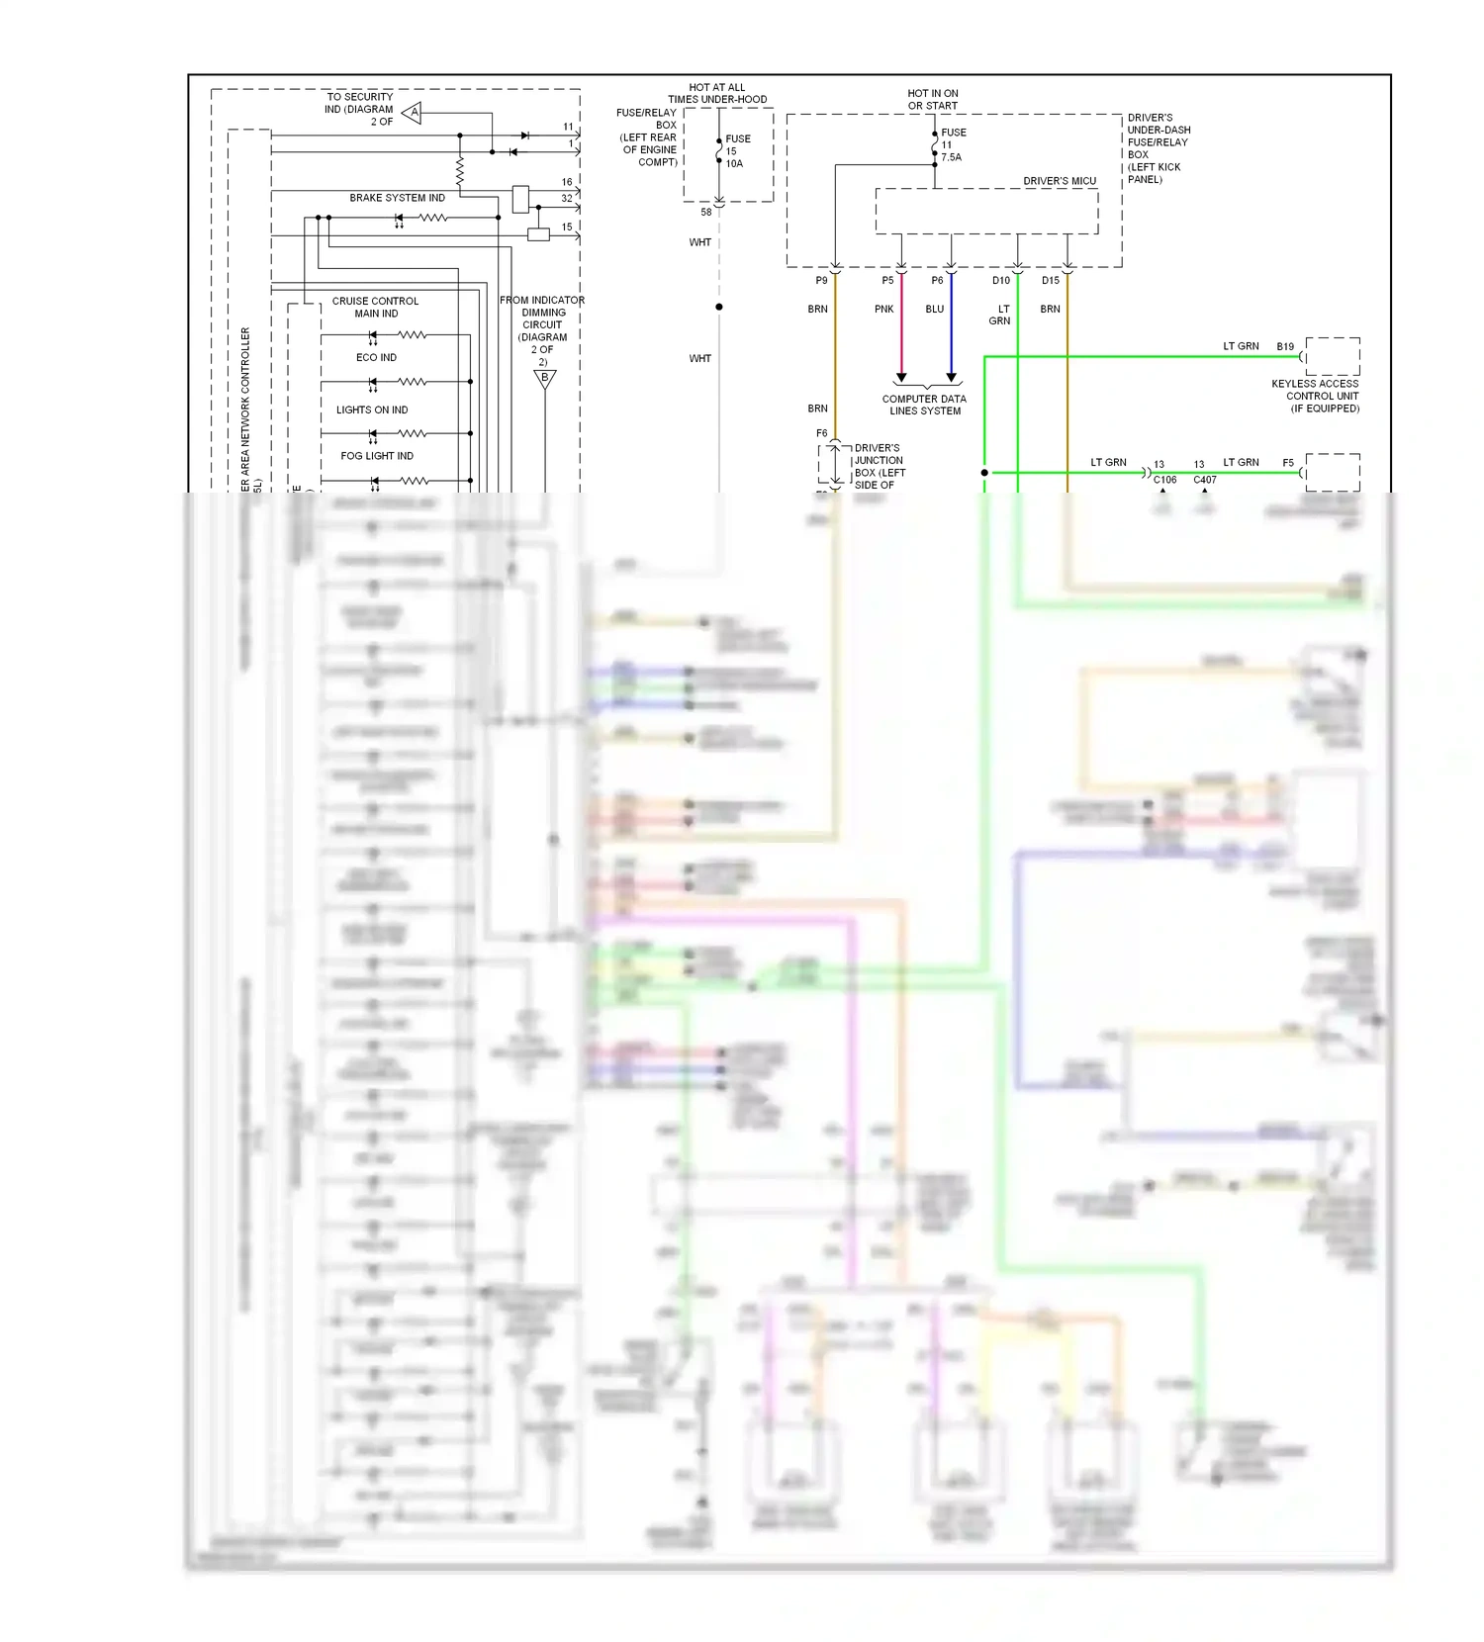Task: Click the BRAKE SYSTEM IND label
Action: click(x=397, y=198)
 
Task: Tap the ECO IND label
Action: click(x=376, y=357)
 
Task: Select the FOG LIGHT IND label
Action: click(x=377, y=456)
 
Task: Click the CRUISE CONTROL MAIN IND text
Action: click(x=375, y=307)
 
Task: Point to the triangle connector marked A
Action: click(x=413, y=113)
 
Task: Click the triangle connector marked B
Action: click(x=544, y=378)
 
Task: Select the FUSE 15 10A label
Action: click(x=736, y=151)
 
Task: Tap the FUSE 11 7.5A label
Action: click(x=952, y=144)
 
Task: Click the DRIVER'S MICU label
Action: click(x=1060, y=181)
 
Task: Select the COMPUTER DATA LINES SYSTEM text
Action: click(x=924, y=405)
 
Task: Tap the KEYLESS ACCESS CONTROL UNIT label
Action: click(x=1315, y=396)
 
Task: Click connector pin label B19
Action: click(x=1284, y=346)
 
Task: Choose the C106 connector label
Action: click(x=1164, y=480)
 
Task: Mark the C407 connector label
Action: click(x=1204, y=480)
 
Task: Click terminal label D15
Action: click(x=1050, y=280)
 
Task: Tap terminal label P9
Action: click(x=821, y=280)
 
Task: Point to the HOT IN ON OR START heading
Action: click(x=932, y=99)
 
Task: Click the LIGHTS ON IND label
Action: click(x=371, y=410)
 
